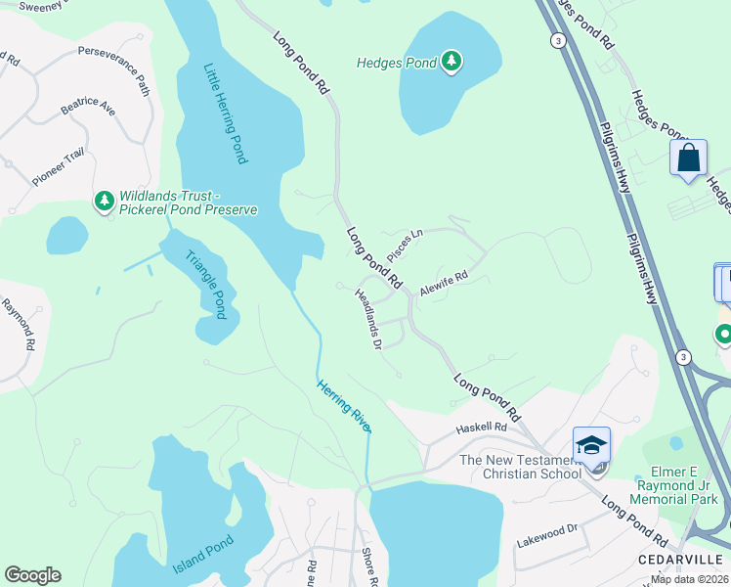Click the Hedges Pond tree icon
451,63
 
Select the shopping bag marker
688,158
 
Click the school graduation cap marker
591,445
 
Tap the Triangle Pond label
206,283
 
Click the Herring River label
343,406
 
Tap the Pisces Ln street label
406,245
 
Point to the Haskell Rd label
482,428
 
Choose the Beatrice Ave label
88,105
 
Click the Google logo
32,575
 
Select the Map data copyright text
690,579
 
